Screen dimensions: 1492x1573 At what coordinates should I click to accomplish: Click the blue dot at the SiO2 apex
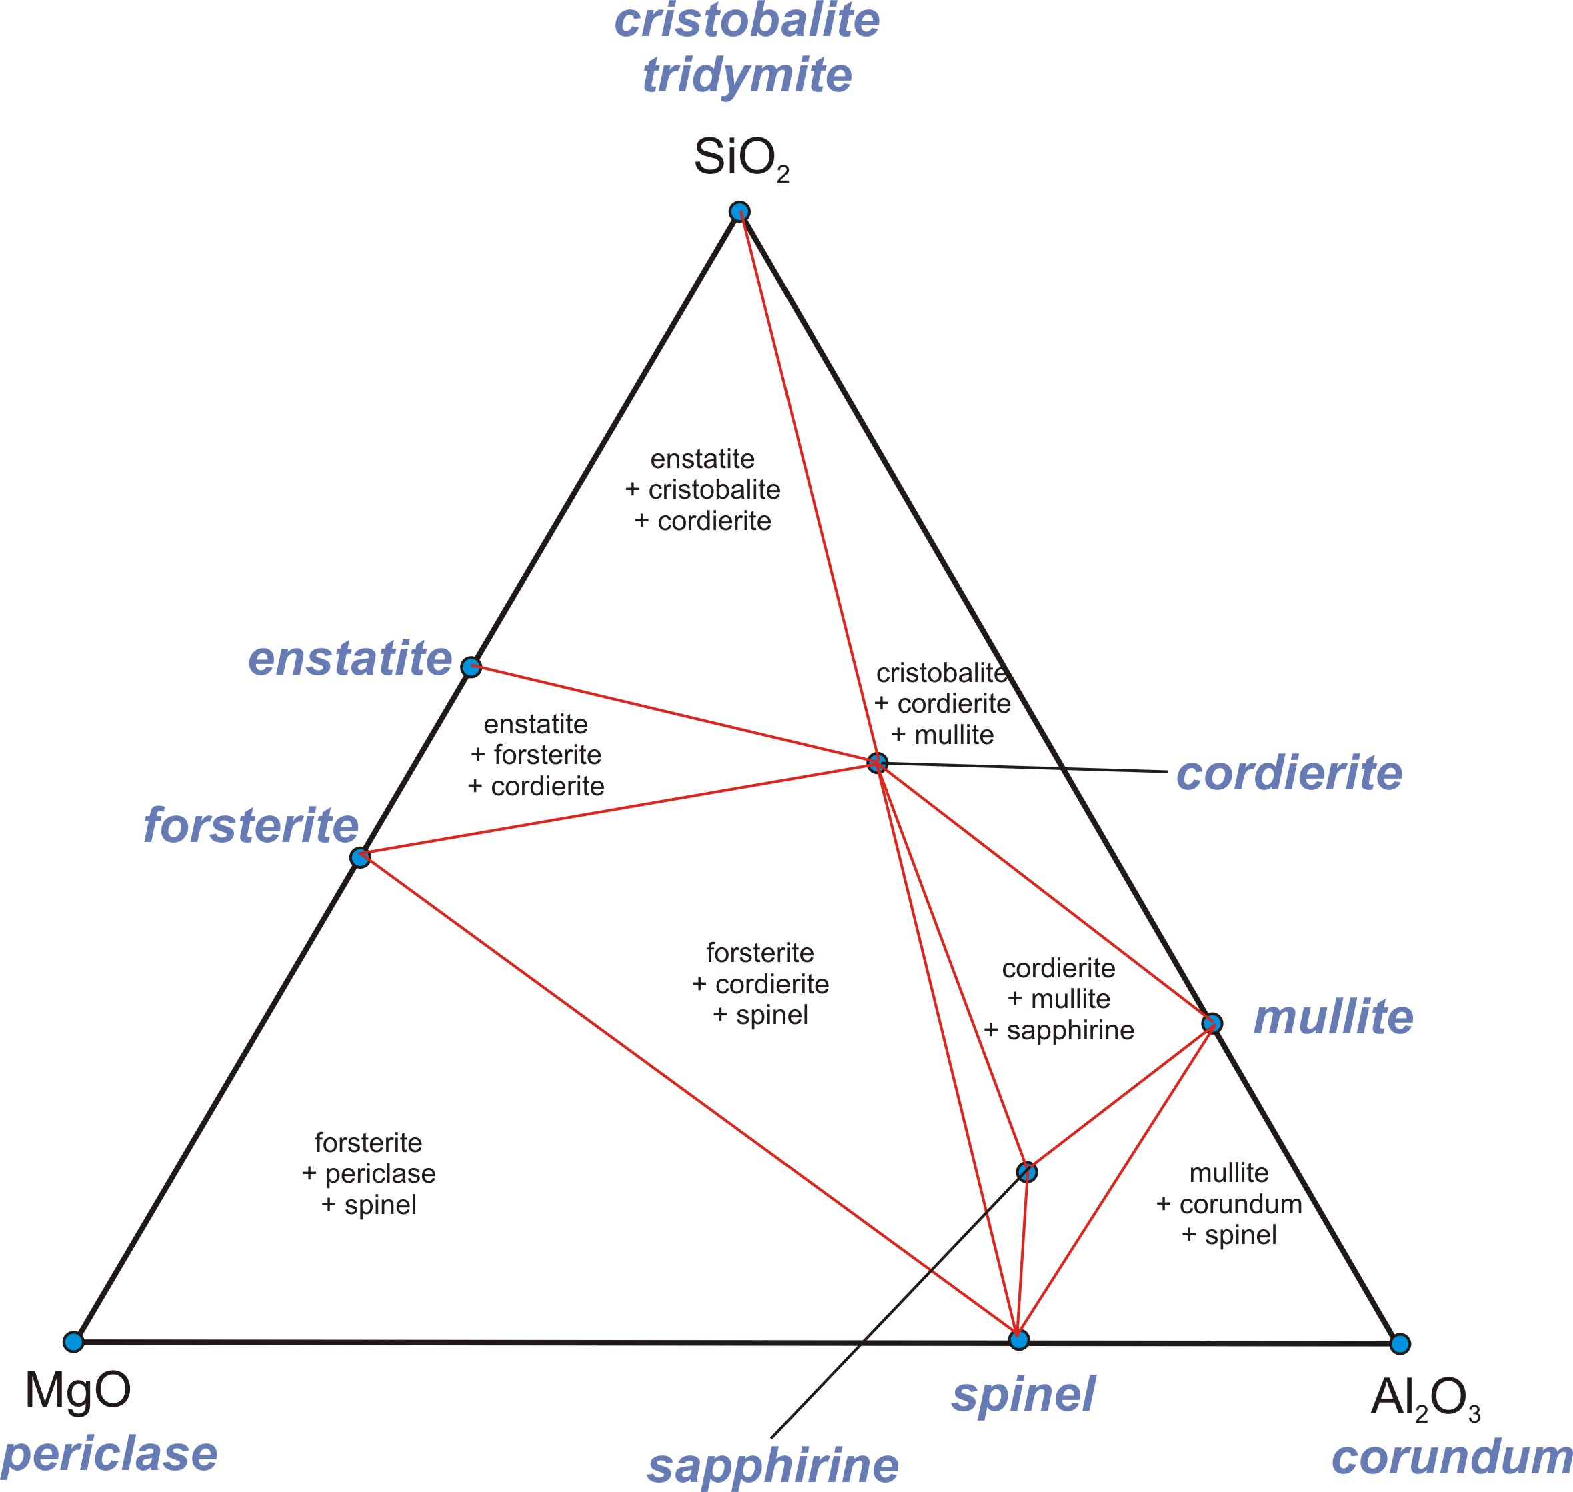(739, 211)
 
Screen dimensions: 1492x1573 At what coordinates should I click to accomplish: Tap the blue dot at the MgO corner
(73, 1342)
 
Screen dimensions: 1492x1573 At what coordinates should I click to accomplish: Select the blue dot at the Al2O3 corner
(1400, 1343)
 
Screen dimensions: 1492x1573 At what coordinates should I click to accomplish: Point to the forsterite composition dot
(361, 857)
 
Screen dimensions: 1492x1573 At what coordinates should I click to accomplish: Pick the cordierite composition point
(877, 763)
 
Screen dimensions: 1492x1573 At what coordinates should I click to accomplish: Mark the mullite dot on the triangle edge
(1212, 1023)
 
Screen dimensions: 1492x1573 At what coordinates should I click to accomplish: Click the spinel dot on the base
(1018, 1340)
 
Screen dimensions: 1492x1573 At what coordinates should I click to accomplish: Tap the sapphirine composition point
(1027, 1171)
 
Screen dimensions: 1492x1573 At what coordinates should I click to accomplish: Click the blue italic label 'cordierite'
(1289, 773)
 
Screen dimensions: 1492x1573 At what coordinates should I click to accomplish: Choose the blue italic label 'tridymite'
(747, 75)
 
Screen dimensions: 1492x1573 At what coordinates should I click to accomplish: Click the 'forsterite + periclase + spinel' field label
(368, 1174)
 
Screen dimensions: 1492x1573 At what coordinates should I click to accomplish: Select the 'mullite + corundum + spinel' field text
(1228, 1203)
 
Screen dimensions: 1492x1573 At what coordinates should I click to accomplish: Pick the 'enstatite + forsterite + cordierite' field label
(536, 755)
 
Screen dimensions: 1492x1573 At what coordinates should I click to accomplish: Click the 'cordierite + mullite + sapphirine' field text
(1059, 999)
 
